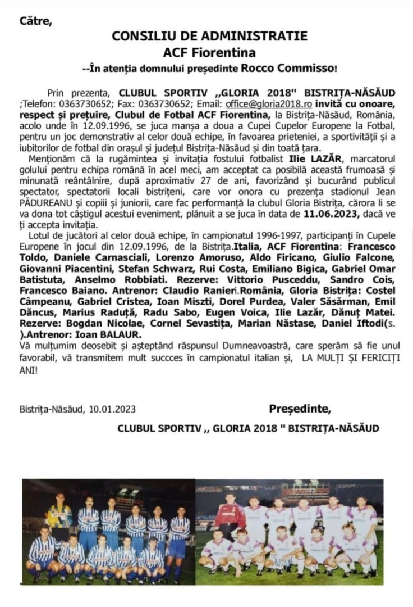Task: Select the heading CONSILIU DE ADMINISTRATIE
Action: [209, 36]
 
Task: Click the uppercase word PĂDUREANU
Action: [43, 203]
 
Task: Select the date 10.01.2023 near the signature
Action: [112, 409]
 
